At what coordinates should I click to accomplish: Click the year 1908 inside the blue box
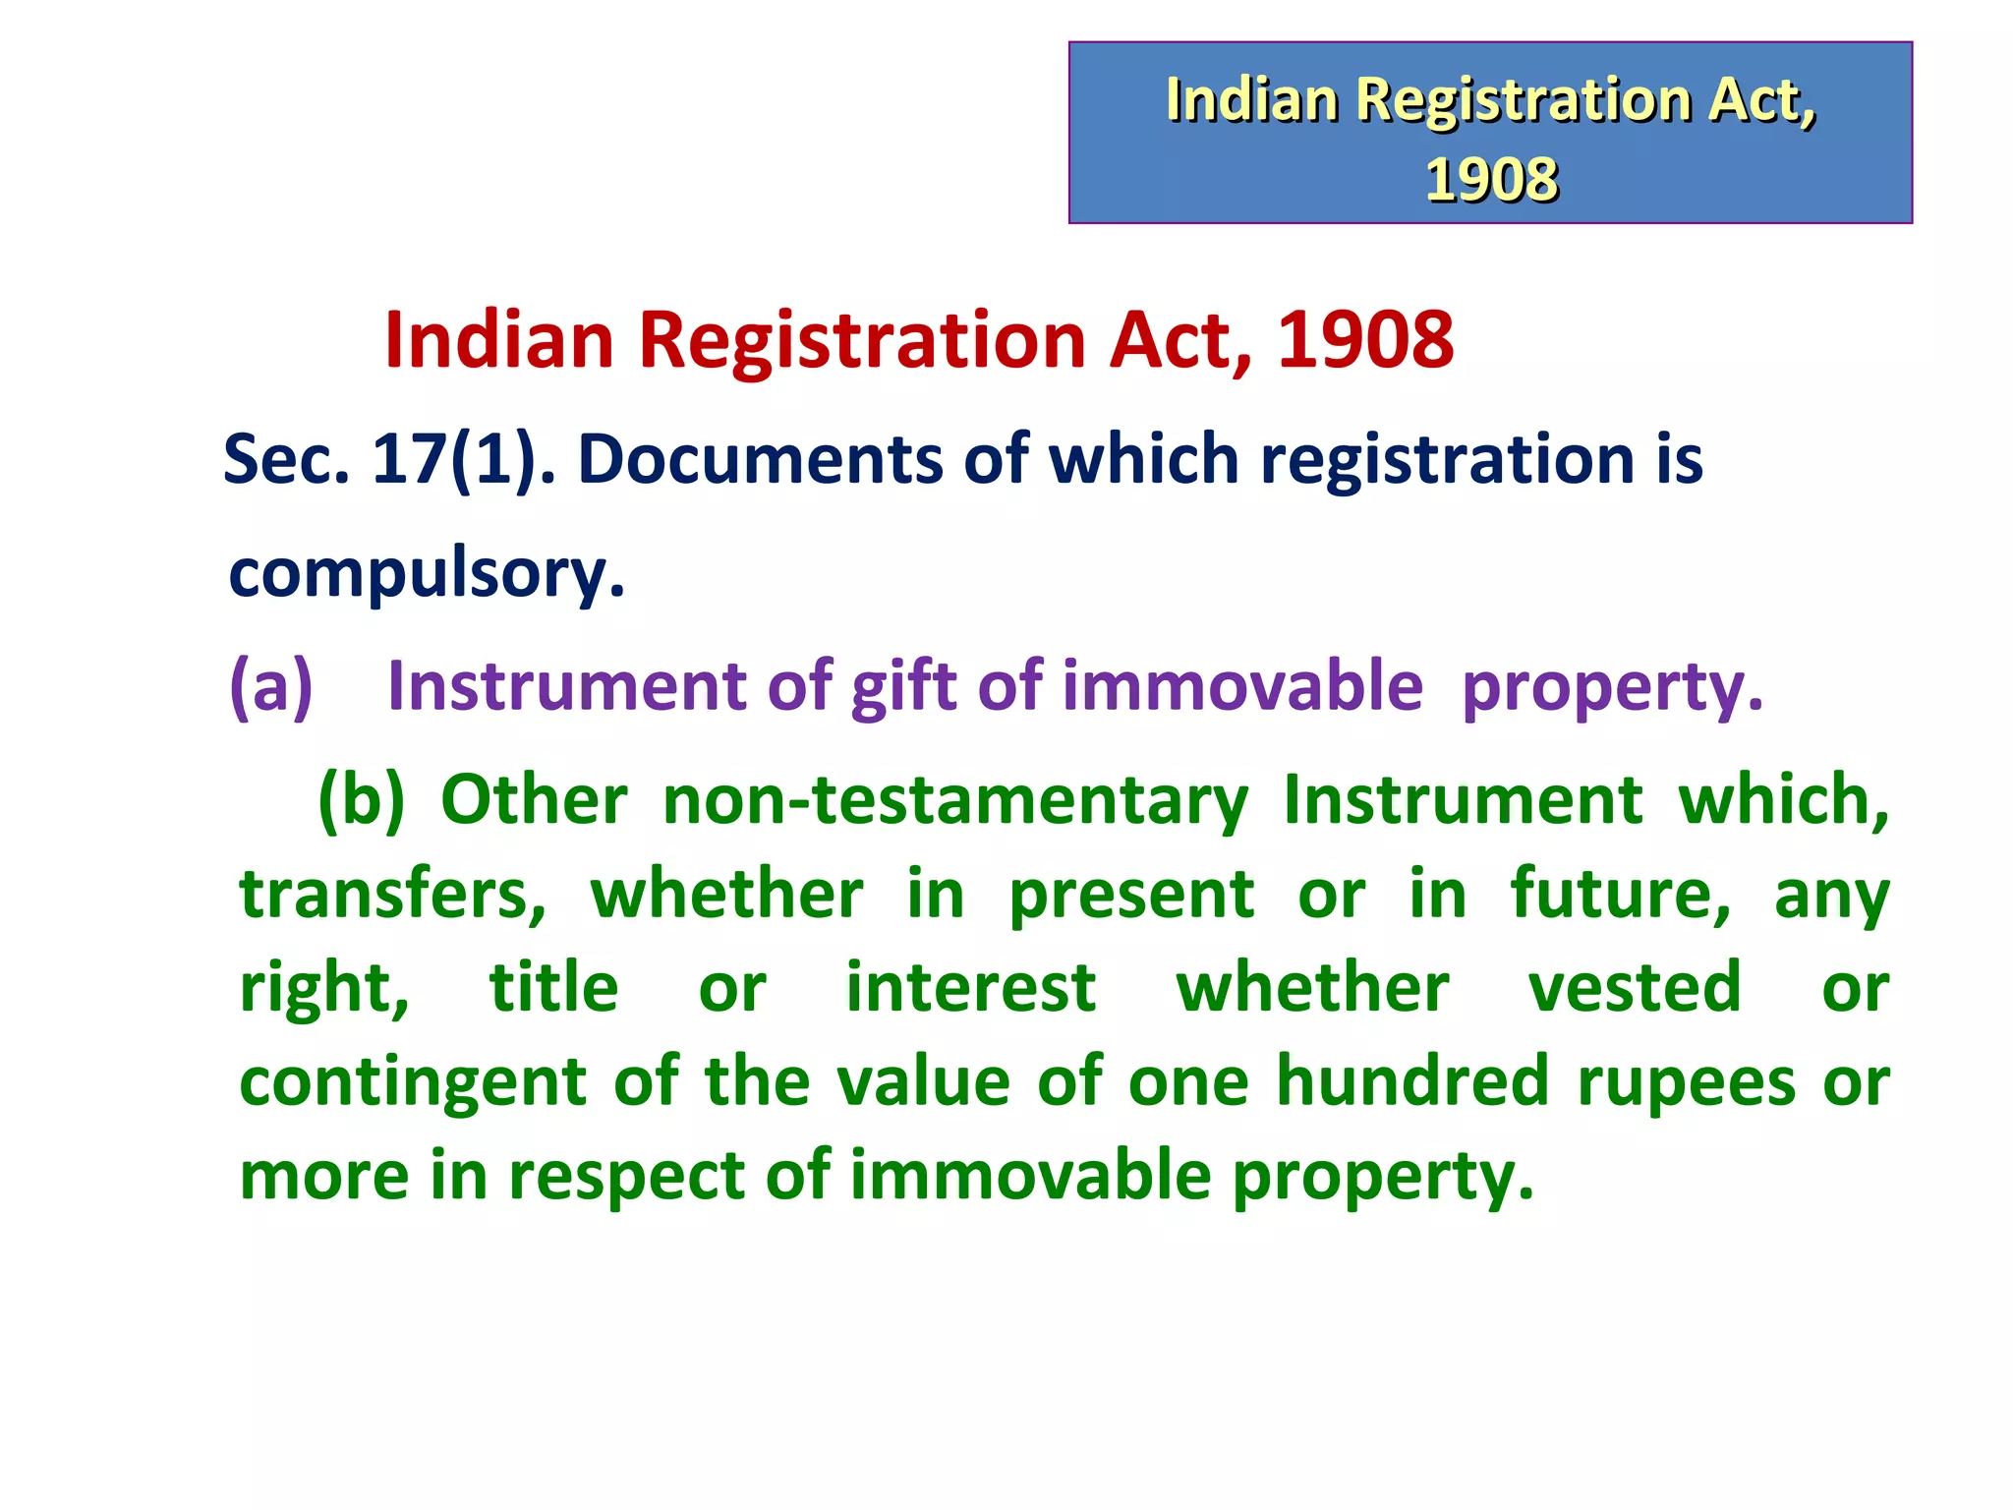(x=1490, y=180)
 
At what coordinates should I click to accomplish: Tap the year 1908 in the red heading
(x=1364, y=340)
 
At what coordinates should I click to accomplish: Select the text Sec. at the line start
(x=286, y=459)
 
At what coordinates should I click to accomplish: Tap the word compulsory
(x=426, y=572)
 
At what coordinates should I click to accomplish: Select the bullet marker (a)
(x=270, y=685)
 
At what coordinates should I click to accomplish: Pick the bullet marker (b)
(x=361, y=799)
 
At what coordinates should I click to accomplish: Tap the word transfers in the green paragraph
(x=392, y=894)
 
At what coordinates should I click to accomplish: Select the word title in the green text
(x=553, y=987)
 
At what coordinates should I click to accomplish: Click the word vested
(x=1634, y=987)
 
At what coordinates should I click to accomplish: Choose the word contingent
(x=413, y=1081)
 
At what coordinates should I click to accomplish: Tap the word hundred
(x=1412, y=1081)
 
